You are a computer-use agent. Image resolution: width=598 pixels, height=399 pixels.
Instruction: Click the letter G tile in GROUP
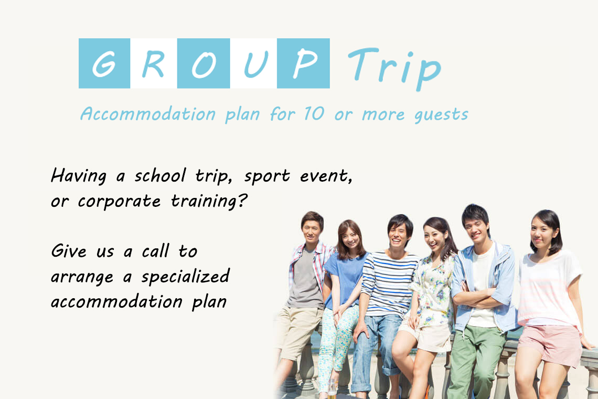(x=104, y=64)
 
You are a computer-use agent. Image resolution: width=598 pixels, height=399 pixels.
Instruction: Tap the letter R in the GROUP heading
(x=153, y=64)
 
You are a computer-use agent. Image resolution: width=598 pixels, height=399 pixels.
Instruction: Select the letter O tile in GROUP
(x=204, y=64)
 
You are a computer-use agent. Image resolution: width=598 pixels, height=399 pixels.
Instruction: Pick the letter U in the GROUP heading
(x=255, y=64)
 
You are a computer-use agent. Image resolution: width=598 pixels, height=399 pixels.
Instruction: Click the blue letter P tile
(x=303, y=64)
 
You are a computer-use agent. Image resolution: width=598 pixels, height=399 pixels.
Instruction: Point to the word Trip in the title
(x=394, y=68)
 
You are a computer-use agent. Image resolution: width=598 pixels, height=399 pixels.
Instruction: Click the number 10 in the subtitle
(x=314, y=113)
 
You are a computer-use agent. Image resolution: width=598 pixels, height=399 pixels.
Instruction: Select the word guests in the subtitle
(x=441, y=114)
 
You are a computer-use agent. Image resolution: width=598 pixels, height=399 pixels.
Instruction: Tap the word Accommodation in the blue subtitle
(x=148, y=114)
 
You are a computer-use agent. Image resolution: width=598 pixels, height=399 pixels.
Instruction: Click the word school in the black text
(x=160, y=176)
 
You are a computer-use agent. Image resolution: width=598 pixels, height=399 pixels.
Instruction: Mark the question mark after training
(x=242, y=200)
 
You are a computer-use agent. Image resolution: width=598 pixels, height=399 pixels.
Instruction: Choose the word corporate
(x=119, y=201)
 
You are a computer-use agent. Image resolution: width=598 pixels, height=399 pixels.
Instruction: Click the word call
(x=156, y=251)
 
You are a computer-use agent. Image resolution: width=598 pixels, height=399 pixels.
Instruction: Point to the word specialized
(x=186, y=277)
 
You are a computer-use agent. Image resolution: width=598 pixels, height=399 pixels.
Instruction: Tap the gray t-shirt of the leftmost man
(x=305, y=279)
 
